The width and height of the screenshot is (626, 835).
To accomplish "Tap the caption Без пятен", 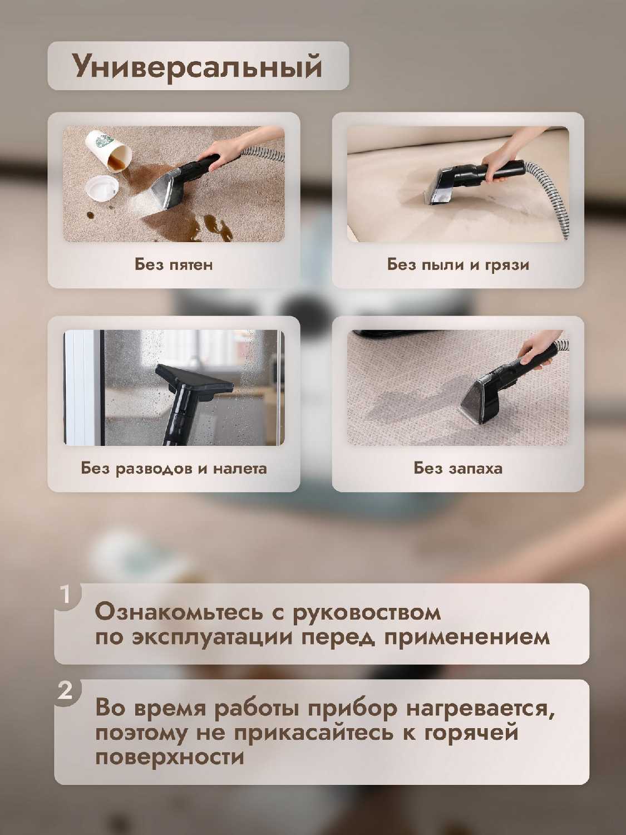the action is point(174,264).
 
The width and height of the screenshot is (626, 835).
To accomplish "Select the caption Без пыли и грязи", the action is point(458,264).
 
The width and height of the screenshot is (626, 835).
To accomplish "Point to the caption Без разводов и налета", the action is point(174,468).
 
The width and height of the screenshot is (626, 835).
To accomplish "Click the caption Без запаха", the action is point(458,468).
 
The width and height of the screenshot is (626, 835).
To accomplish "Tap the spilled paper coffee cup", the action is point(110,151).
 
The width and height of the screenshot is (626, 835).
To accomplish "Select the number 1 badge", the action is point(66,594).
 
